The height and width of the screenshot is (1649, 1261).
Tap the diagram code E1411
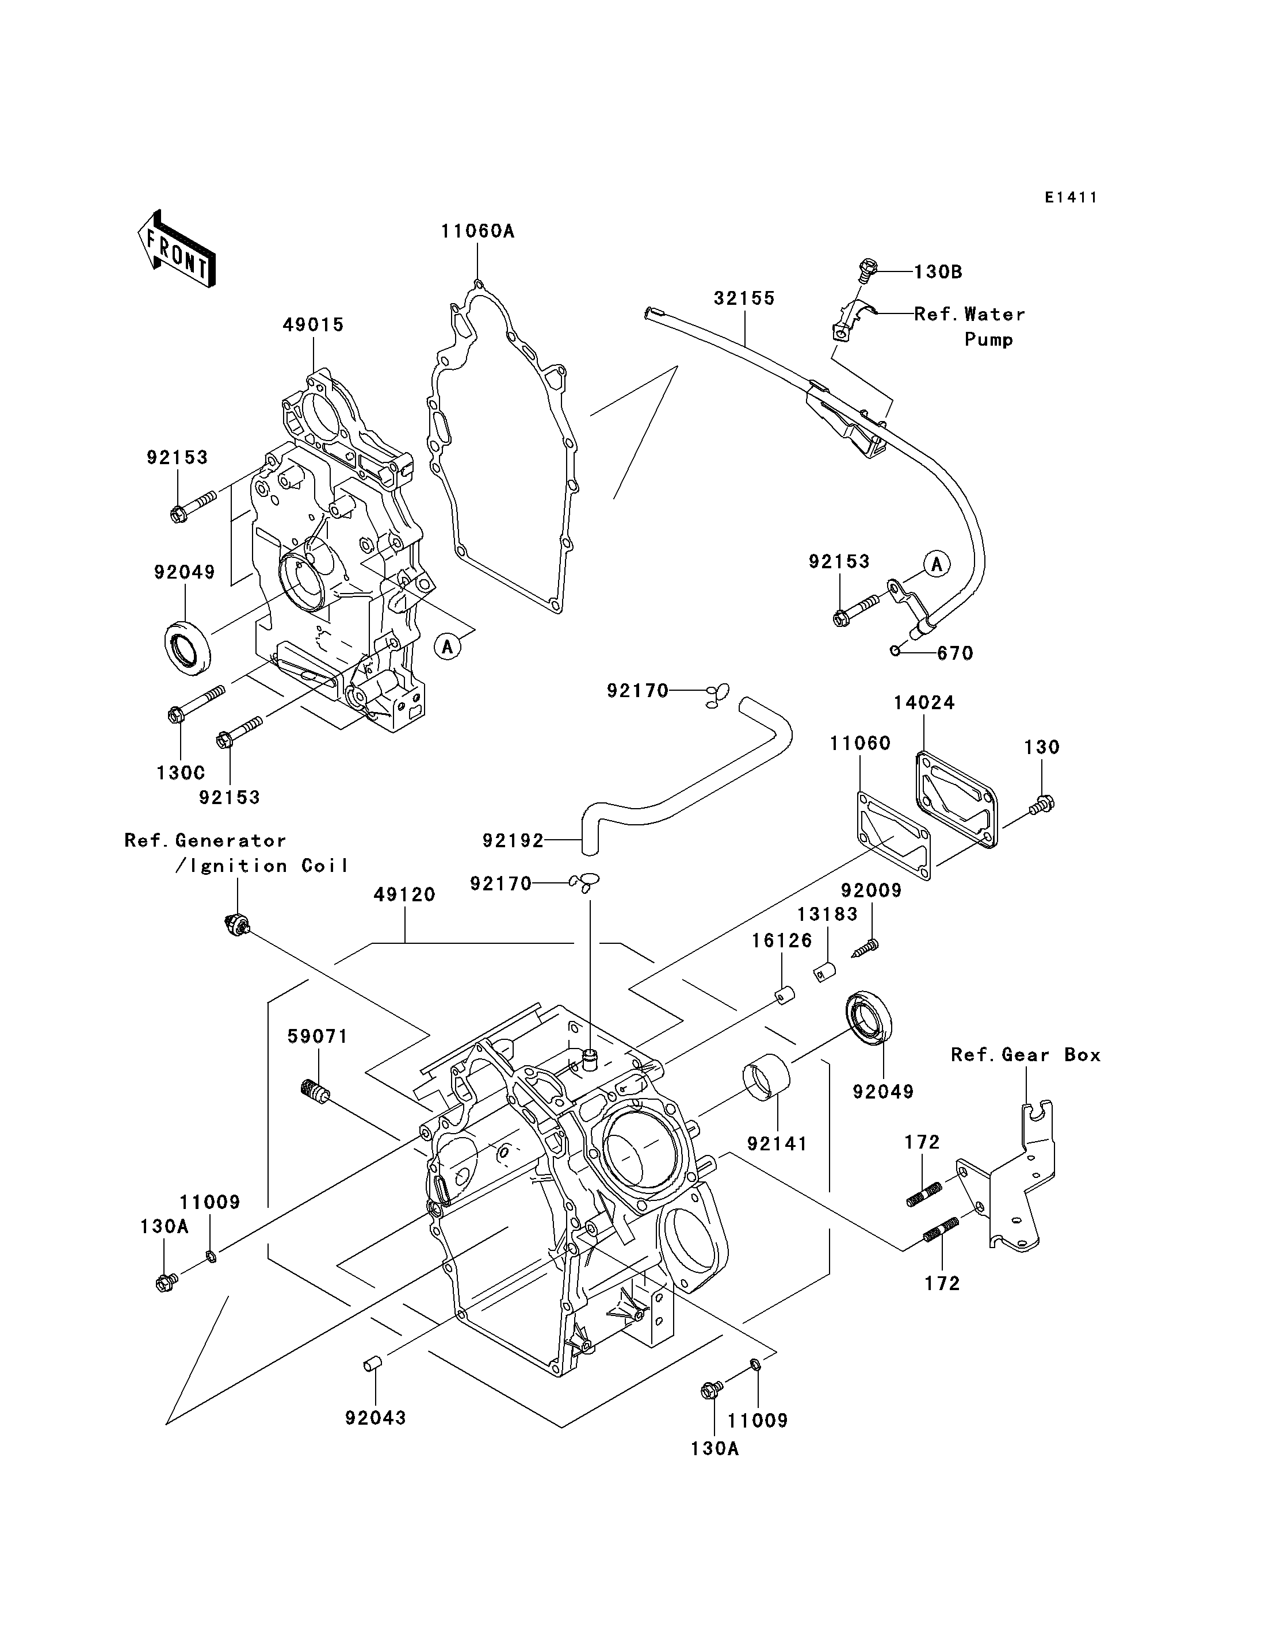click(1071, 197)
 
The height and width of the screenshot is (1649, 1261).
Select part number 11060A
click(477, 231)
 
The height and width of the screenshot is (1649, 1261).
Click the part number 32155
click(744, 298)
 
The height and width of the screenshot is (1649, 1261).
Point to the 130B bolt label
click(938, 271)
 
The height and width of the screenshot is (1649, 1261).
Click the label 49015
click(313, 325)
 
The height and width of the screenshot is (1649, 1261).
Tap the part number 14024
click(924, 703)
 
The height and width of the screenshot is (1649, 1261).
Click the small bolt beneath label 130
click(1042, 804)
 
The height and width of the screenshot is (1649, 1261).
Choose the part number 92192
click(513, 841)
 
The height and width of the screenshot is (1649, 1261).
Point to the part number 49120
click(404, 895)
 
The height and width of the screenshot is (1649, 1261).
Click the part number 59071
click(318, 1036)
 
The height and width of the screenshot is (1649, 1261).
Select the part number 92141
click(777, 1144)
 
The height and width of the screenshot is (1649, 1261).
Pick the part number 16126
click(782, 940)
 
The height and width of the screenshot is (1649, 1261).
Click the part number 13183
click(827, 914)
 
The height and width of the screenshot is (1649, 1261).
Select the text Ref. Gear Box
click(1025, 1055)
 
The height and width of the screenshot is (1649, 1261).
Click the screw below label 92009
click(866, 948)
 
